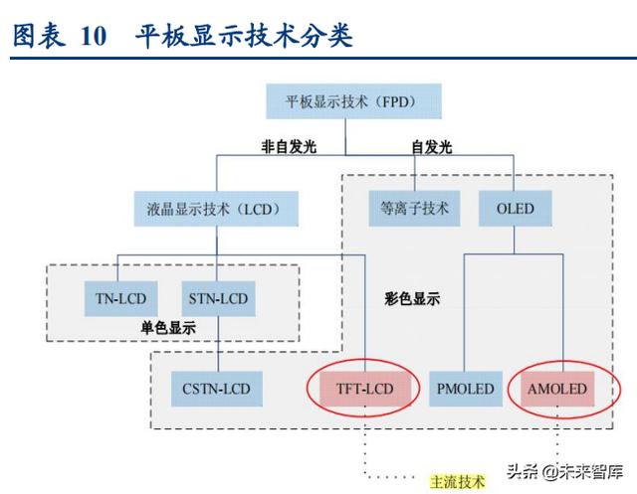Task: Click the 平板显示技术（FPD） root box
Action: [353, 101]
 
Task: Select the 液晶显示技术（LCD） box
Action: [216, 209]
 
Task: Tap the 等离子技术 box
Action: [414, 209]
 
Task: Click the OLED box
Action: [516, 209]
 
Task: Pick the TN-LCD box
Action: [120, 299]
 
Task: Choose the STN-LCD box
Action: [218, 299]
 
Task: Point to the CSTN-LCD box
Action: [217, 389]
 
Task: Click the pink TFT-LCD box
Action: [365, 389]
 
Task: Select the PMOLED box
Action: [466, 389]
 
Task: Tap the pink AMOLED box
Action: [557, 389]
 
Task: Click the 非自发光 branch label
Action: [289, 146]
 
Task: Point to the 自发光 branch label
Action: [431, 147]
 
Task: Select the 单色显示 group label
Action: [168, 328]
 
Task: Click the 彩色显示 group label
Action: [412, 299]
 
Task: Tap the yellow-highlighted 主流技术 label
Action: [458, 482]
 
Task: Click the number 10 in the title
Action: [94, 36]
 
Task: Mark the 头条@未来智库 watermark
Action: [564, 472]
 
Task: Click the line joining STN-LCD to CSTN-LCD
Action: [218, 344]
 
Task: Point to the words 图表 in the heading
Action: [39, 36]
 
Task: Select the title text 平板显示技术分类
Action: [244, 36]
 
